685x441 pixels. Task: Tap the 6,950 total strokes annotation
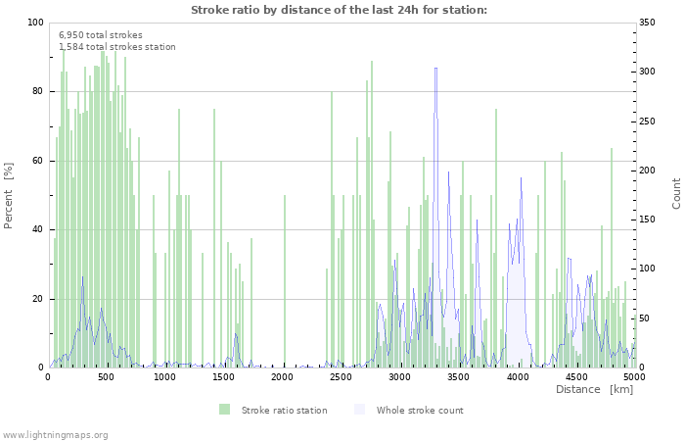pos(100,34)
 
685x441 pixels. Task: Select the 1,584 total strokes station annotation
pos(117,46)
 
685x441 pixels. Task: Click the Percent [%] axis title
pos(9,195)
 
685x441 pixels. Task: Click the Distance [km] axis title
pos(594,390)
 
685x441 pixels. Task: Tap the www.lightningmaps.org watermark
pos(55,434)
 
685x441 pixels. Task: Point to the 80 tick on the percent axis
pos(37,91)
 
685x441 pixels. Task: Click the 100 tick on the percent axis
pos(34,23)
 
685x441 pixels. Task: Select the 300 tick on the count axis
pos(651,72)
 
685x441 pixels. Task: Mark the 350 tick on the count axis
pos(651,23)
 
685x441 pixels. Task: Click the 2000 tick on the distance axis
pos(284,376)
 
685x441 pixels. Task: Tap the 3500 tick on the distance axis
pos(460,376)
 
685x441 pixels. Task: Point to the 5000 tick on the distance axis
pos(634,376)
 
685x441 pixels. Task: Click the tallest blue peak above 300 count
pos(435,69)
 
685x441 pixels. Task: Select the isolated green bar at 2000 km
pos(285,280)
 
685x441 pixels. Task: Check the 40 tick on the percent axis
pos(37,229)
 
